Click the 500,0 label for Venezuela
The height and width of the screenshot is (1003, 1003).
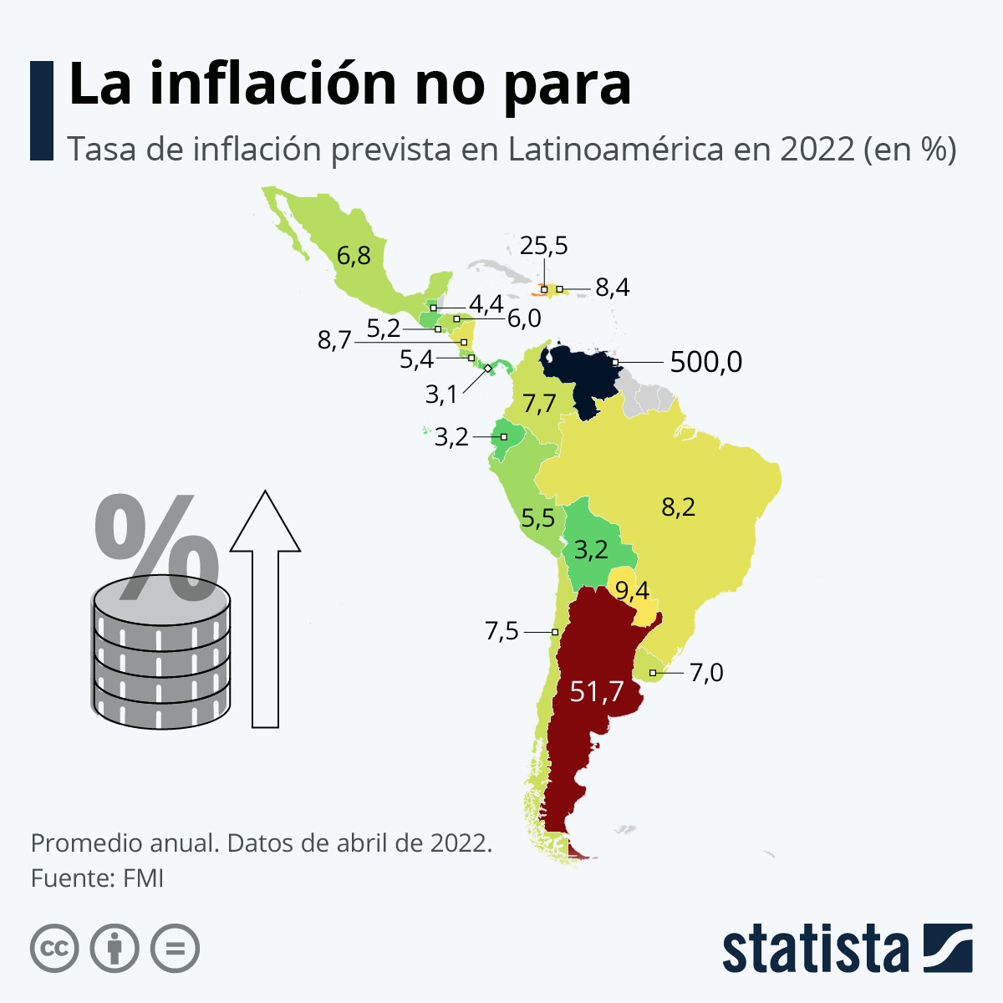705,362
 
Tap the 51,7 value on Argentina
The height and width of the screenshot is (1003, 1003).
597,692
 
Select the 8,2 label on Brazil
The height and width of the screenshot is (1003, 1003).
678,507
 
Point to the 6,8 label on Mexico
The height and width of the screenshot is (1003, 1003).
354,254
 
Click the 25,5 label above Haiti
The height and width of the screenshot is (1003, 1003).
543,246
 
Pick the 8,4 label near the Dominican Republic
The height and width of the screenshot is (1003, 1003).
612,288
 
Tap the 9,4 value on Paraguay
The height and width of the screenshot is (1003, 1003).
632,591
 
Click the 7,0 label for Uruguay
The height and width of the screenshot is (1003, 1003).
706,672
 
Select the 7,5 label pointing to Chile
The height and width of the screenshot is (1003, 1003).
501,631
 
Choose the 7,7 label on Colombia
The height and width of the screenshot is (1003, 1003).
539,404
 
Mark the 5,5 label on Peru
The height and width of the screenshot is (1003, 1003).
537,518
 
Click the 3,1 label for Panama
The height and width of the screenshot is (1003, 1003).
441,394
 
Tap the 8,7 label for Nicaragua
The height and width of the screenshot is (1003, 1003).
334,341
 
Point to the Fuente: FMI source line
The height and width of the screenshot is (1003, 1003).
97,878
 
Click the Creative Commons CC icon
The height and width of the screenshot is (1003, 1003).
54,949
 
